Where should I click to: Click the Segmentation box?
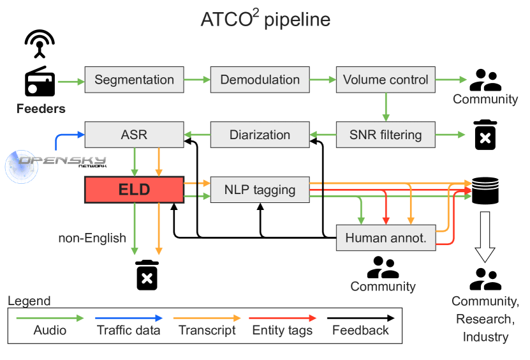(x=134, y=80)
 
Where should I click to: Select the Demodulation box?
(x=260, y=80)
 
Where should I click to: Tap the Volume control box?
(x=385, y=80)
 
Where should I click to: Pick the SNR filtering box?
(x=385, y=135)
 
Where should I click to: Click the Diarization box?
(x=260, y=135)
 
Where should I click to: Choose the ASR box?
(x=134, y=135)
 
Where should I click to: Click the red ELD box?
(x=134, y=190)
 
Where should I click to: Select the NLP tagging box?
(x=260, y=190)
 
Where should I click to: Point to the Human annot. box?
(x=385, y=238)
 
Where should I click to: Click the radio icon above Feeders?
(x=40, y=82)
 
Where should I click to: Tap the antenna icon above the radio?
(x=40, y=43)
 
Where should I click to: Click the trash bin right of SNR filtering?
(x=485, y=135)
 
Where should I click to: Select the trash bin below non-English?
(x=147, y=275)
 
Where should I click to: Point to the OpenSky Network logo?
(x=54, y=162)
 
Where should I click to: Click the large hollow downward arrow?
(x=485, y=237)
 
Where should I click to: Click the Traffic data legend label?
(x=128, y=330)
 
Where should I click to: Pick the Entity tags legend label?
(x=283, y=330)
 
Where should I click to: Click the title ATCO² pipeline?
(x=265, y=20)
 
